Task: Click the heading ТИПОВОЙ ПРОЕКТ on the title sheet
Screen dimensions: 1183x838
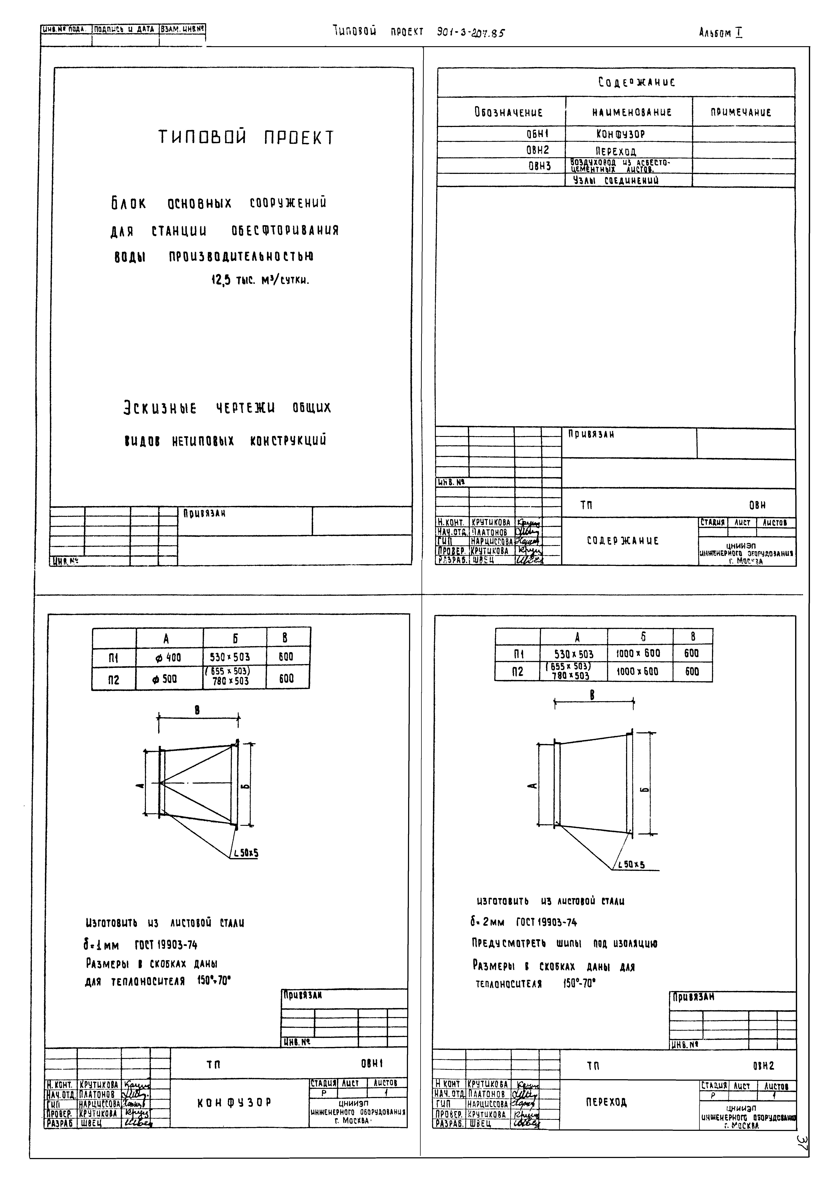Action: pos(246,137)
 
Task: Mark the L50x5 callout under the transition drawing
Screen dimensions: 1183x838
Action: pos(631,864)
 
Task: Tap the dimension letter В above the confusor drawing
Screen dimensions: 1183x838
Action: pos(197,711)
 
